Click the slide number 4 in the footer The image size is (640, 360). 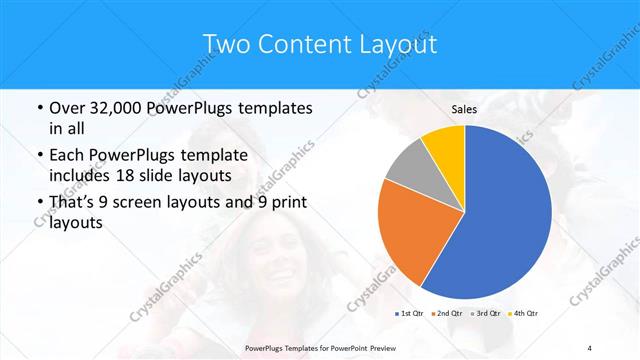click(x=590, y=348)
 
